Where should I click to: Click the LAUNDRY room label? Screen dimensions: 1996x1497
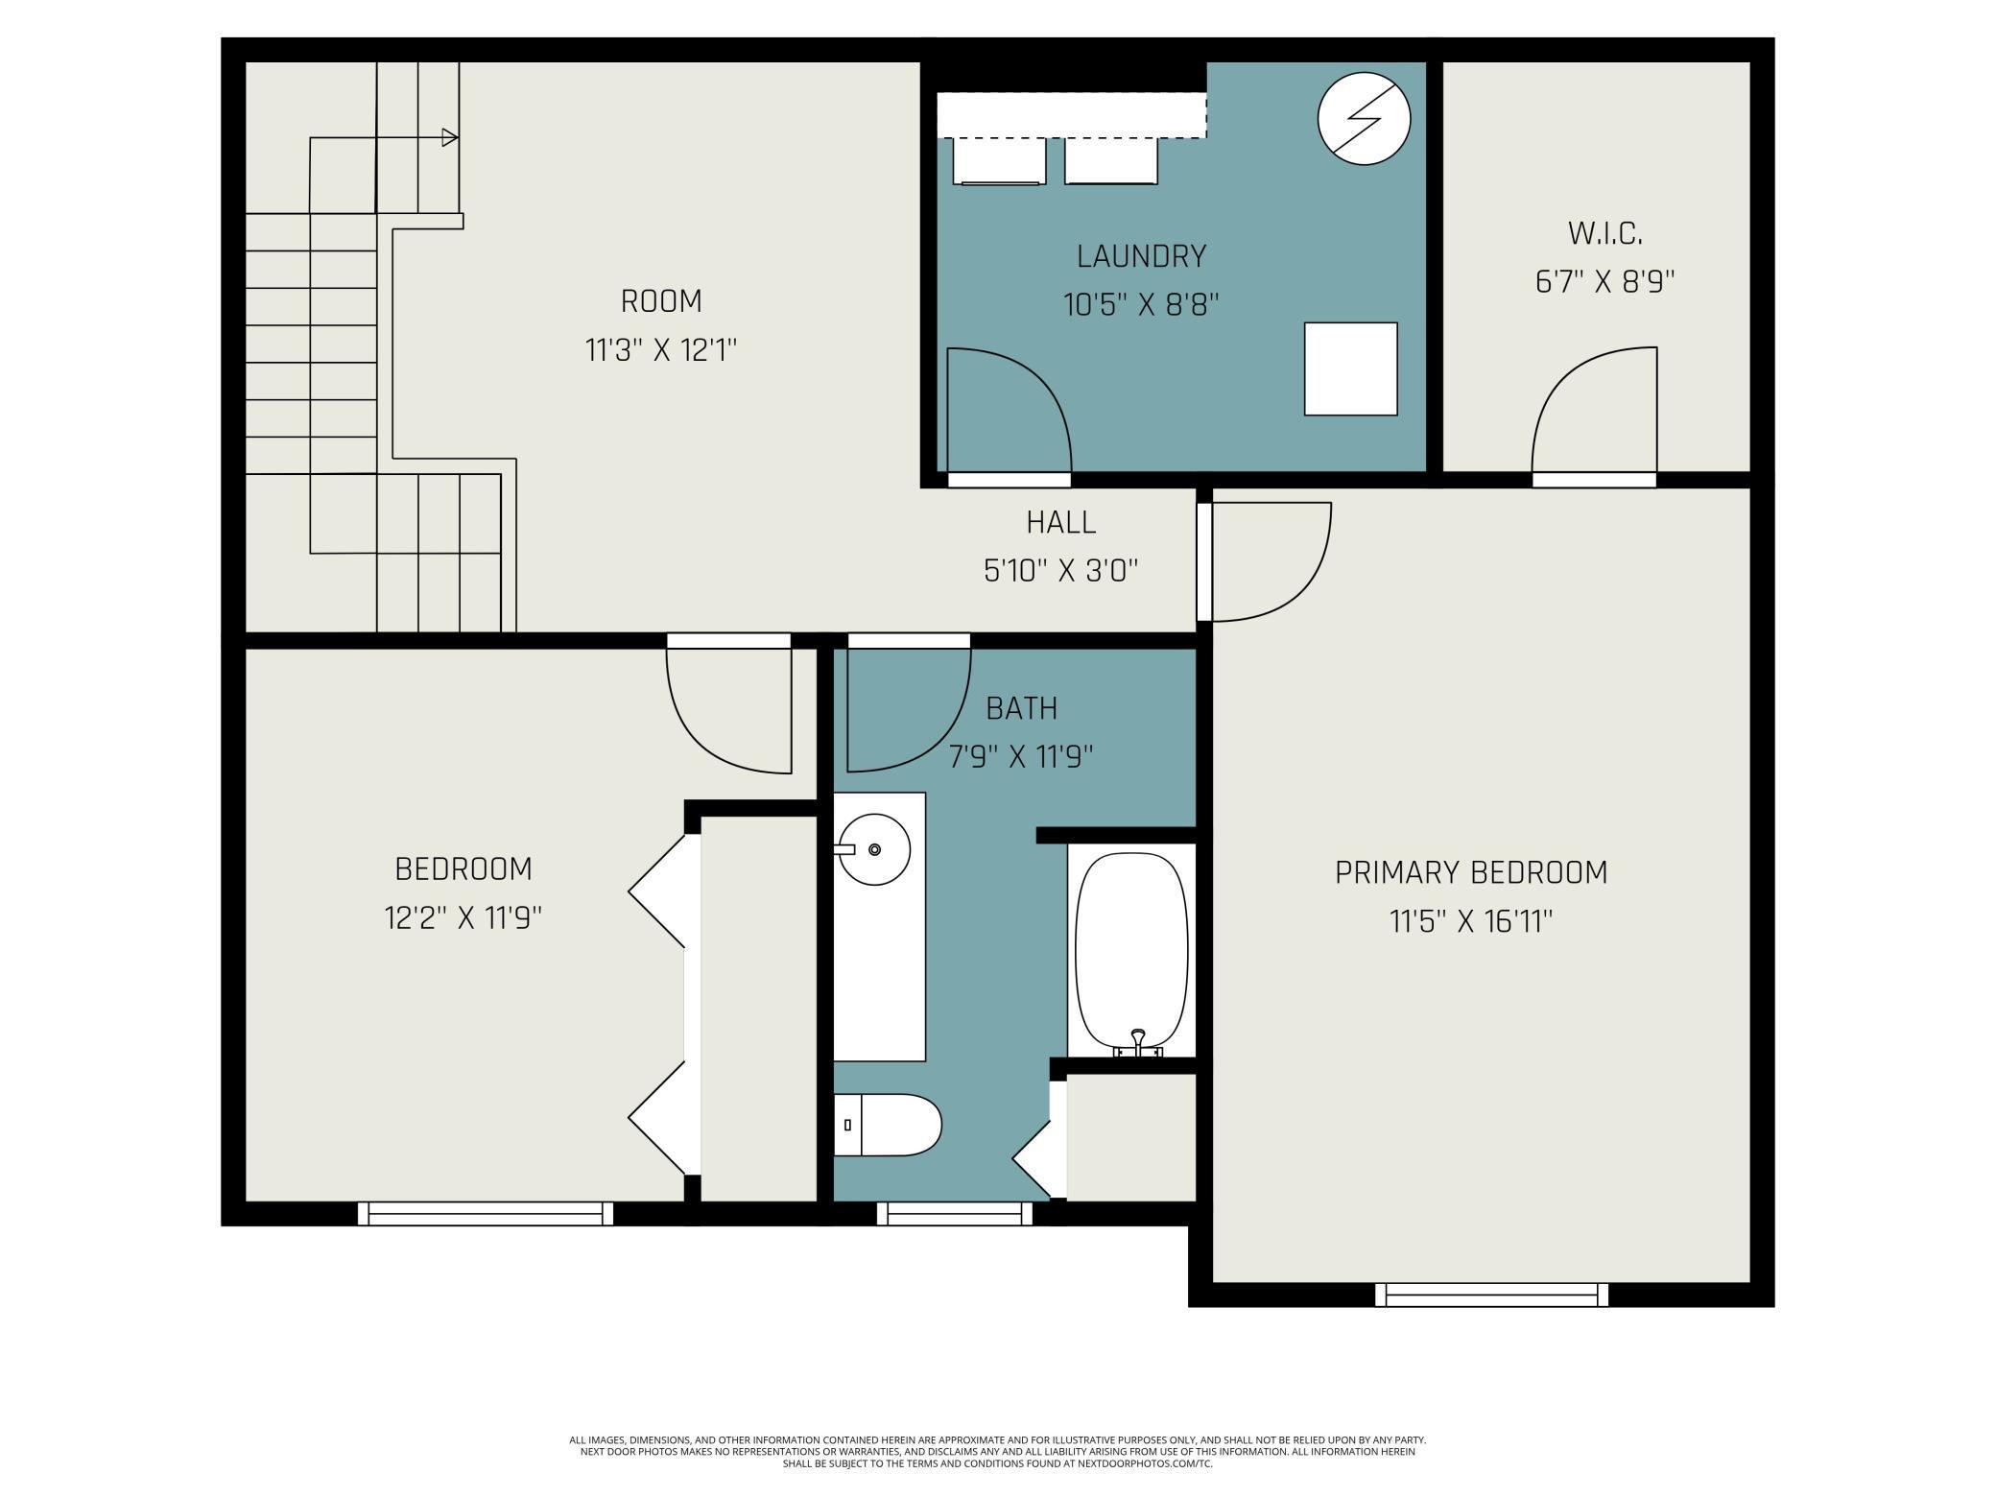point(1141,256)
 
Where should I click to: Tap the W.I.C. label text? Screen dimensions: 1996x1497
point(1604,233)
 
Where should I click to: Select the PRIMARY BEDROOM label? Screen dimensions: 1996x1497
point(1471,872)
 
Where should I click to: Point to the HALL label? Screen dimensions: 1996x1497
point(1060,522)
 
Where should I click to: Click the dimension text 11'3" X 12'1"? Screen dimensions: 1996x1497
point(661,350)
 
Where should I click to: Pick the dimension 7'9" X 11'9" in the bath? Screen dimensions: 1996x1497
point(1021,757)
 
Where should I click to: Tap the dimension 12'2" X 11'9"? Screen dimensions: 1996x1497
point(463,918)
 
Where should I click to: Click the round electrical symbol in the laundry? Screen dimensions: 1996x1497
point(1364,119)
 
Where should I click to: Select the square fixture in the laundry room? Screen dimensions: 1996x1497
point(1350,368)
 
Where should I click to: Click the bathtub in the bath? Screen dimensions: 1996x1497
point(1131,953)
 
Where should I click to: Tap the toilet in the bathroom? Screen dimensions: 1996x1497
point(888,1125)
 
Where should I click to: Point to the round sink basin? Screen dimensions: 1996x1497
point(874,849)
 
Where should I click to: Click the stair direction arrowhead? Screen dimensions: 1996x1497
point(450,137)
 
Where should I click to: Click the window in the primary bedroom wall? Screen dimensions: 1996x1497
point(1491,1295)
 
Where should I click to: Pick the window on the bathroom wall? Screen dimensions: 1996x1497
point(955,1214)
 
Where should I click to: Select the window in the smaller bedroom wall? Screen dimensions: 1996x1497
point(486,1214)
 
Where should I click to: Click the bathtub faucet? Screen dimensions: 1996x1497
point(1138,1043)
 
